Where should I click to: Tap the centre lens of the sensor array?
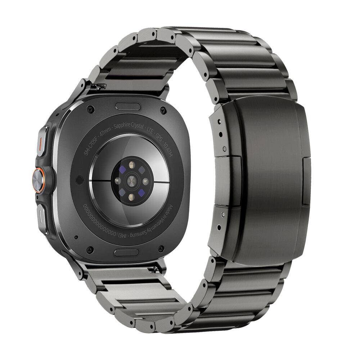[130, 180]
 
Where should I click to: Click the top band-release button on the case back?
[127, 107]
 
